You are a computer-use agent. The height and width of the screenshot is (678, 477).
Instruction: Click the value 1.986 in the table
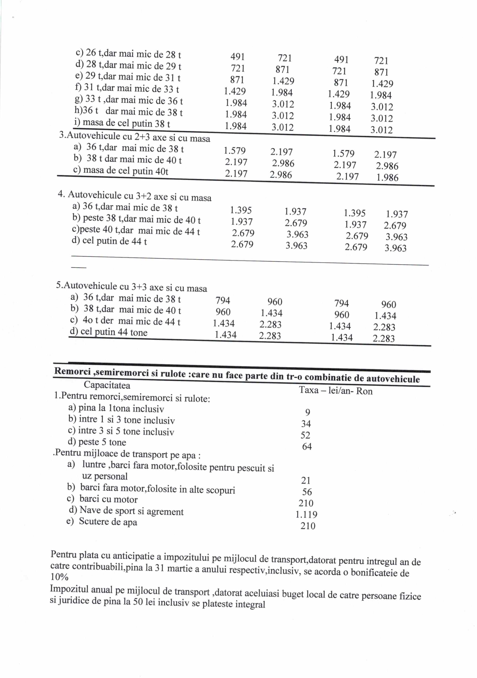(x=387, y=178)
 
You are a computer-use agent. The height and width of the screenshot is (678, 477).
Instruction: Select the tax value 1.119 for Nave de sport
(x=306, y=514)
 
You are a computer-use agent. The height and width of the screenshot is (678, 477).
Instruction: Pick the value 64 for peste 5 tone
(x=307, y=446)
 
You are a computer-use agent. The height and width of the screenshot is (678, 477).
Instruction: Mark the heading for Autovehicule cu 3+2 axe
(x=135, y=196)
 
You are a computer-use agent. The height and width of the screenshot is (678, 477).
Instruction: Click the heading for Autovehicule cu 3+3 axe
(x=132, y=287)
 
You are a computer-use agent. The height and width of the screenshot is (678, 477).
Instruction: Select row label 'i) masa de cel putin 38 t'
(x=122, y=123)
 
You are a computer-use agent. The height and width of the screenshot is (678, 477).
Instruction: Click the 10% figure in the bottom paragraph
(x=59, y=577)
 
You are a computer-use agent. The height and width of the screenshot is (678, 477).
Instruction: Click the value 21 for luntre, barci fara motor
(x=306, y=480)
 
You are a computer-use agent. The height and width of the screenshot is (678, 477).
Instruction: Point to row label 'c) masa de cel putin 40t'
(x=121, y=171)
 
